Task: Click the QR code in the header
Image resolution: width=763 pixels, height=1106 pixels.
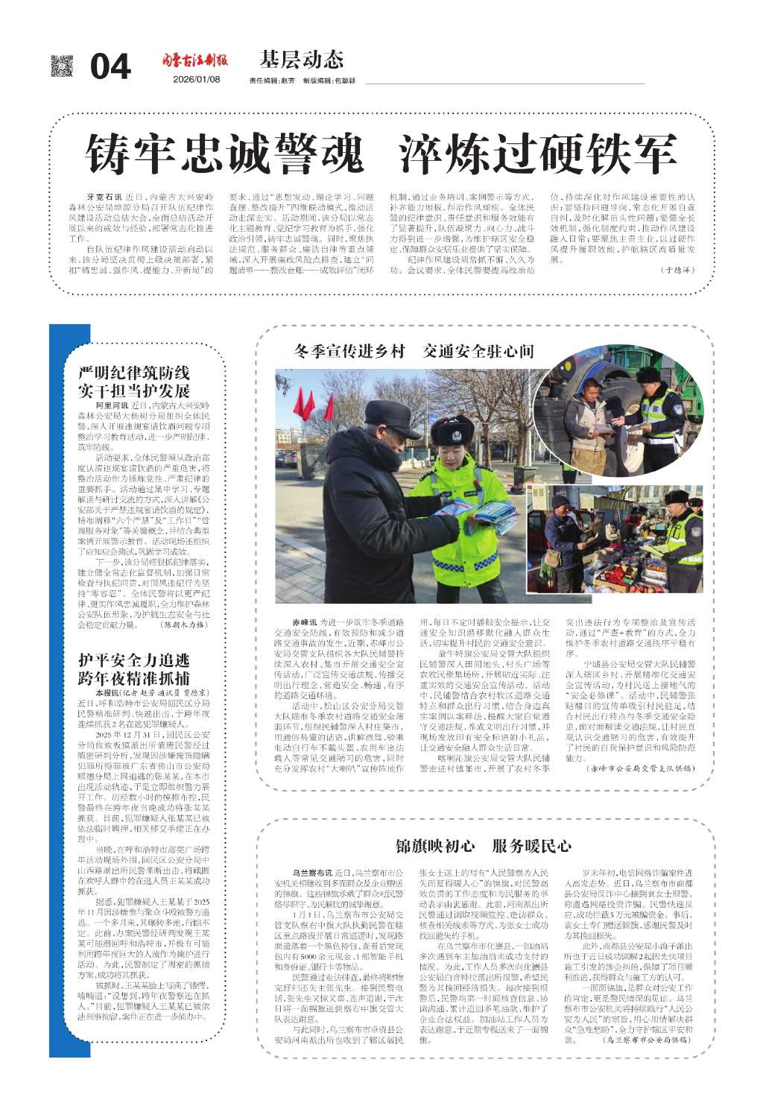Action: tap(62, 66)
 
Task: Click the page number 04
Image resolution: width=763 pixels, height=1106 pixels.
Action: tap(110, 67)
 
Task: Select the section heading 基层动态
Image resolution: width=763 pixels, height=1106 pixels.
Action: tap(302, 60)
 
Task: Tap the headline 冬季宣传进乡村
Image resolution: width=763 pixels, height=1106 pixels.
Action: tap(349, 351)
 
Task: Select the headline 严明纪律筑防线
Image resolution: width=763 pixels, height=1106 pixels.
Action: tap(134, 373)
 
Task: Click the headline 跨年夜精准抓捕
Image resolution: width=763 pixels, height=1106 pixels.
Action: tap(134, 677)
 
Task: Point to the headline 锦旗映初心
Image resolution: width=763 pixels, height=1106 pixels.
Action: tap(435, 845)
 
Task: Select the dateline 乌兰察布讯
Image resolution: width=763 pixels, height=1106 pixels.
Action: tap(311, 872)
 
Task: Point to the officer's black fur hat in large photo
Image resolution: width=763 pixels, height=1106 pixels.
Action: tap(452, 432)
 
